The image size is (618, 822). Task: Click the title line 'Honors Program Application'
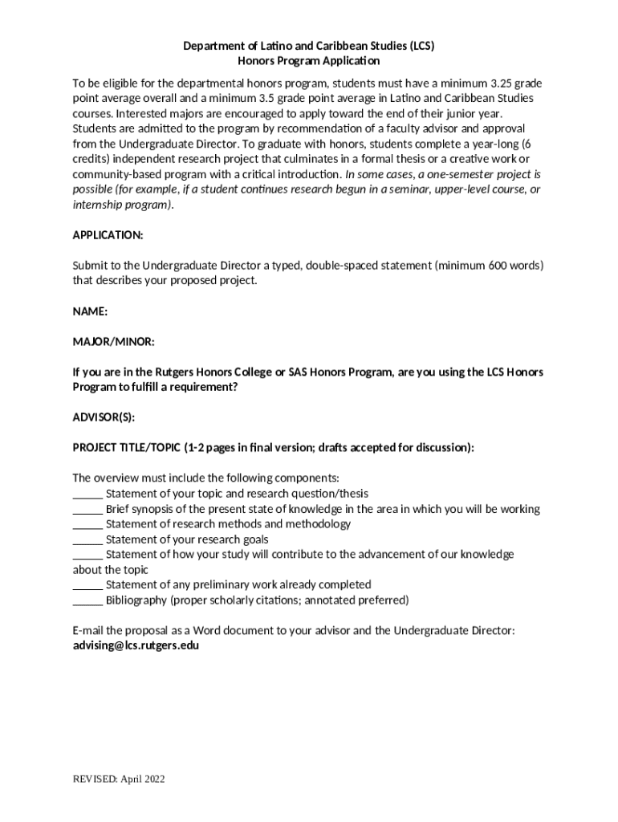308,61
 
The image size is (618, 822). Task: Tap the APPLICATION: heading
108,235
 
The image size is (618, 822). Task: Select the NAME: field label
90,311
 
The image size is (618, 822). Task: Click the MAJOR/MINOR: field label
113,341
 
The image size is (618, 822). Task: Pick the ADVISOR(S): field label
104,417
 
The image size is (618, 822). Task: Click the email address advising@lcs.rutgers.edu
136,645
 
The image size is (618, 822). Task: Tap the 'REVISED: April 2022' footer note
119,779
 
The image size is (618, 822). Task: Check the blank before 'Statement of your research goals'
87,539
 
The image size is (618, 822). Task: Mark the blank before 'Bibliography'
87,600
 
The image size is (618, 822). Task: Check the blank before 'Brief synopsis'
87,509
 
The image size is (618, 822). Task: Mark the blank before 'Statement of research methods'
87,524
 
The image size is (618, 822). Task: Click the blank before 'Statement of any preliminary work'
87,584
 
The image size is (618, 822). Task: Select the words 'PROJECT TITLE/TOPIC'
127,448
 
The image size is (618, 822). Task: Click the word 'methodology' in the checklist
319,524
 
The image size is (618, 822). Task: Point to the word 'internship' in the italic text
100,205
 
